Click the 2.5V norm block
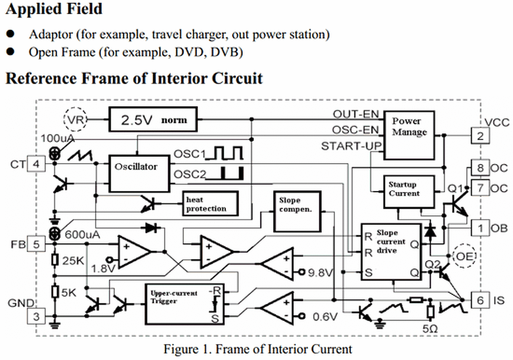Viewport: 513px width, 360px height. (x=153, y=119)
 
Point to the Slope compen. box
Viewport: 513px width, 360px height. (x=297, y=211)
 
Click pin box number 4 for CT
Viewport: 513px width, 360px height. (x=36, y=164)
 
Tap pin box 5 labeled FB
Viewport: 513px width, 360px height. (x=36, y=244)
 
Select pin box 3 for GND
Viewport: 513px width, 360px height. (x=36, y=316)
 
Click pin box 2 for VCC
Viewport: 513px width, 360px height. (x=480, y=136)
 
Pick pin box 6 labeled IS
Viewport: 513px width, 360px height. (x=480, y=300)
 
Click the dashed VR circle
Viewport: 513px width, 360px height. (x=75, y=119)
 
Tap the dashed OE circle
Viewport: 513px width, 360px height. (x=464, y=255)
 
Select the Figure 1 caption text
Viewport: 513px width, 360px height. (x=257, y=349)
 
